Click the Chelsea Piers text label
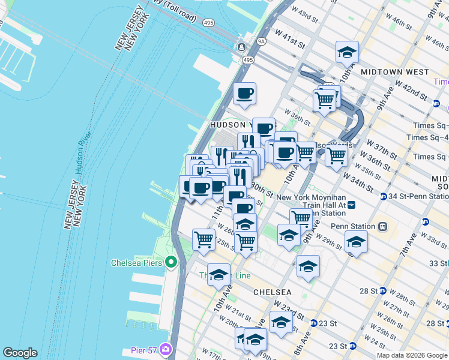pyautogui.click(x=137, y=263)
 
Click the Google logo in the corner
pyautogui.click(x=20, y=353)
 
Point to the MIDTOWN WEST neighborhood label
pyautogui.click(x=395, y=72)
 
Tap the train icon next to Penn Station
pyautogui.click(x=382, y=227)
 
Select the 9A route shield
pyautogui.click(x=261, y=41)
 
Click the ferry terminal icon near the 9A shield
pyautogui.click(x=241, y=47)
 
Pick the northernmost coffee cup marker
pyautogui.click(x=244, y=94)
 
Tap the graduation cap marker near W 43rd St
pyautogui.click(x=347, y=52)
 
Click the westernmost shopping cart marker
pyautogui.click(x=203, y=239)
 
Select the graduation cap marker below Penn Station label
pyautogui.click(x=356, y=242)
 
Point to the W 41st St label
pyautogui.click(x=291, y=41)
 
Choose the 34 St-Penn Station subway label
pyautogui.click(x=418, y=196)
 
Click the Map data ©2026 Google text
pyautogui.click(x=411, y=355)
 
